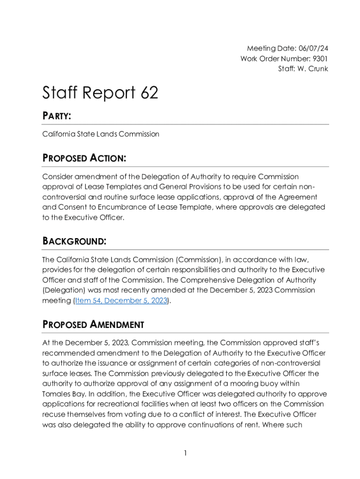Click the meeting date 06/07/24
312,48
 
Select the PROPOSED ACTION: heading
84,158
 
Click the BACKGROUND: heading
74,241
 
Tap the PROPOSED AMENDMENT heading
93,325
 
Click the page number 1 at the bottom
186,453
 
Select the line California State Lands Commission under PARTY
101,134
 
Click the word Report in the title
104,93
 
